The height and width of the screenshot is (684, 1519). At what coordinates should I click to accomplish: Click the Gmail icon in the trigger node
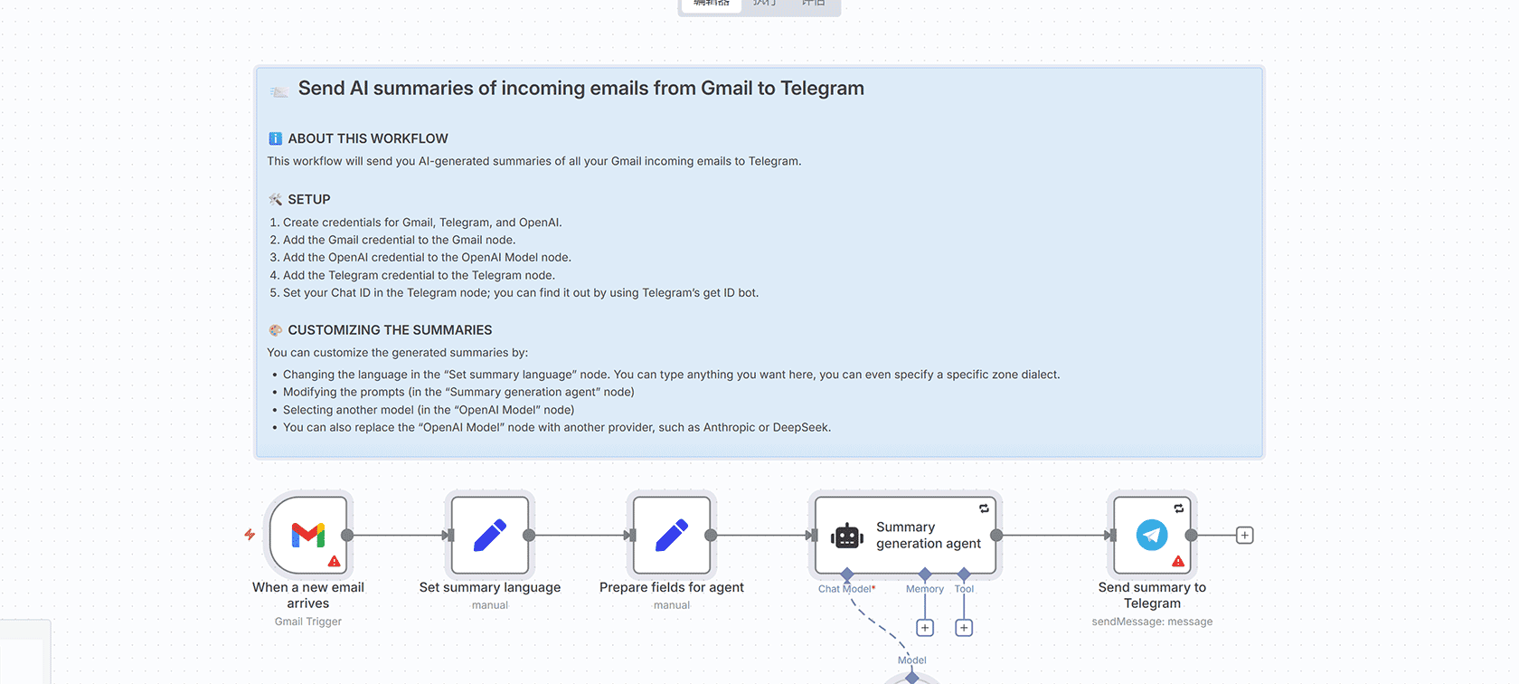click(x=308, y=535)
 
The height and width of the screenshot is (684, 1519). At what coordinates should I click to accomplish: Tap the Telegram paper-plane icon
click(x=1152, y=535)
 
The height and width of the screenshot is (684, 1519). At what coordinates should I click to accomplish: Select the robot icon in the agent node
click(x=847, y=536)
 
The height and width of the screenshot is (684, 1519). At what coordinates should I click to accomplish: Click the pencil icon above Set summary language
click(x=490, y=535)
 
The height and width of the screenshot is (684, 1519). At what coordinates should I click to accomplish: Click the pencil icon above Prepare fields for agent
click(x=672, y=535)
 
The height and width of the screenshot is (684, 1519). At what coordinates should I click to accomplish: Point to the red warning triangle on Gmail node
click(x=335, y=561)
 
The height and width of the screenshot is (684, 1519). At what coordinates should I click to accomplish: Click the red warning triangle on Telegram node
click(x=1178, y=561)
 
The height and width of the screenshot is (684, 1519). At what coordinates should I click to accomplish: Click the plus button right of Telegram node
click(x=1245, y=536)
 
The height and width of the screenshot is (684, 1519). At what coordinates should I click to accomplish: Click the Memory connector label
click(x=925, y=589)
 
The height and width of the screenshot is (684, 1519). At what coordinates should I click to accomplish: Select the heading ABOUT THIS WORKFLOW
click(x=368, y=138)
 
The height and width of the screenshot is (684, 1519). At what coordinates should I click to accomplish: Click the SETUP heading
click(x=309, y=199)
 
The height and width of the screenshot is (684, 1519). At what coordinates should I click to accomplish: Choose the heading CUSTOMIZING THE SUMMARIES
click(x=390, y=330)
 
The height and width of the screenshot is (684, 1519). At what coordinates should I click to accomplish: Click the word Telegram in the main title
click(x=822, y=89)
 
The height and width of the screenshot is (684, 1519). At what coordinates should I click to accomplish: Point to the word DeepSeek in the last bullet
click(x=800, y=428)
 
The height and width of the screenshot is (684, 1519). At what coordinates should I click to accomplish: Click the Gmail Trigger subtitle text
click(x=308, y=622)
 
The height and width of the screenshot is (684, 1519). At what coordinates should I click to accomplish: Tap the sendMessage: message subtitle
click(x=1152, y=622)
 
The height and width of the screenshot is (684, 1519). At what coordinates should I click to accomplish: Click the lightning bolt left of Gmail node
click(x=250, y=535)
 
